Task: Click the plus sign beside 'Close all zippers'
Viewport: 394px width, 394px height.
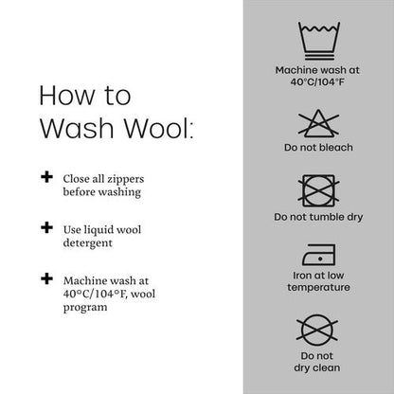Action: tap(46, 177)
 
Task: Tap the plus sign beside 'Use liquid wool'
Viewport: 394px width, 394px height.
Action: tap(46, 227)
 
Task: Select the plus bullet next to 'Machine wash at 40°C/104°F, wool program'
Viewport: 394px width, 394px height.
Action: tap(46, 278)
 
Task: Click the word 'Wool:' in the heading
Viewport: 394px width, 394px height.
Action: tap(158, 128)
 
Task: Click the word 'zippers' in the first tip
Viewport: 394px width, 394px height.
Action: tap(125, 180)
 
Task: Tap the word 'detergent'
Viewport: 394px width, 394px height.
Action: tap(88, 243)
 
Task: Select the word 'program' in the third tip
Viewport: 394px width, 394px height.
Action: tap(85, 308)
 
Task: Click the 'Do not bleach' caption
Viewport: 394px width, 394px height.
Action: tap(318, 148)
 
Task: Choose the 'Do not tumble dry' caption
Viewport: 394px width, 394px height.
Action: tap(318, 217)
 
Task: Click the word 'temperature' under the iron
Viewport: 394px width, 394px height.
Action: tap(318, 287)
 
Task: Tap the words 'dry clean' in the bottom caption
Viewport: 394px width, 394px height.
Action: tap(317, 368)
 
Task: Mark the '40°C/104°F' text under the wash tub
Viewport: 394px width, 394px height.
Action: tap(317, 82)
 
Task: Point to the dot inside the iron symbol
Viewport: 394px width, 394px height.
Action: tap(320, 259)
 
